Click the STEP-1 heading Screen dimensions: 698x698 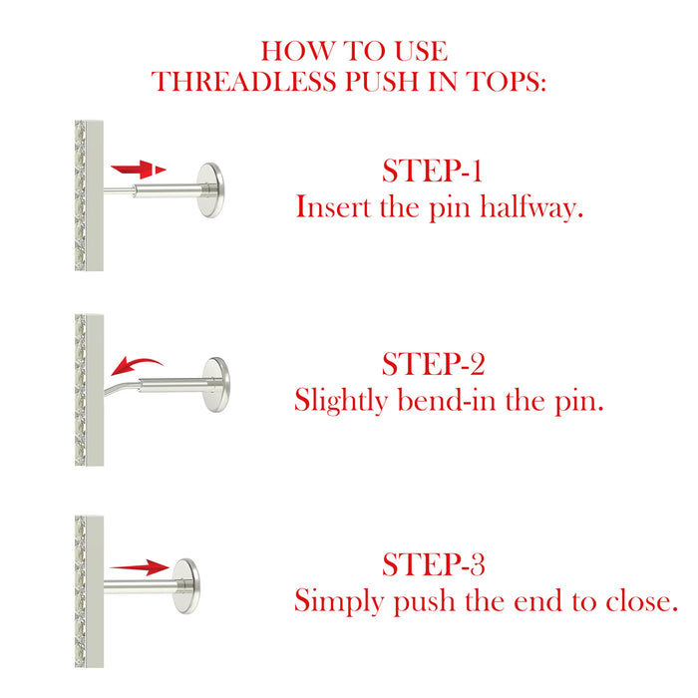click(432, 171)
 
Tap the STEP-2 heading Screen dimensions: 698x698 click(433, 364)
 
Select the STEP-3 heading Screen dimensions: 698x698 click(433, 564)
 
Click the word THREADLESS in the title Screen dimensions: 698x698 click(244, 82)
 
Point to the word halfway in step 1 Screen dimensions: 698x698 click(531, 207)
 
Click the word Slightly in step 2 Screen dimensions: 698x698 click(341, 401)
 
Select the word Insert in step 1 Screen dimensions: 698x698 click(333, 207)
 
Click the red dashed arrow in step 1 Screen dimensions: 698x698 click(139, 170)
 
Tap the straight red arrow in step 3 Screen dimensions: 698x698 click(140, 567)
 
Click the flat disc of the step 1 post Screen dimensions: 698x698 click(210, 190)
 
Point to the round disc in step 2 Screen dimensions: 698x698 click(216, 385)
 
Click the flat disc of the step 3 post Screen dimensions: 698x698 click(186, 586)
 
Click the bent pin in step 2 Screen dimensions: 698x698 click(122, 386)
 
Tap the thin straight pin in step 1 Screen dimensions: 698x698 click(119, 190)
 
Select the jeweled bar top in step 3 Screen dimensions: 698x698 click(89, 591)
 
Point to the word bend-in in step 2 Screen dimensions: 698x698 click(447, 400)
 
